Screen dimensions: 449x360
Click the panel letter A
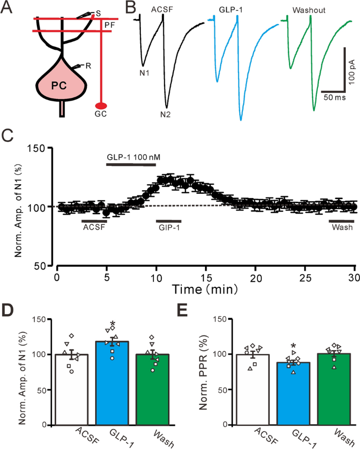9,9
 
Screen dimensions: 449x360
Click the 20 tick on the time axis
255,277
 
